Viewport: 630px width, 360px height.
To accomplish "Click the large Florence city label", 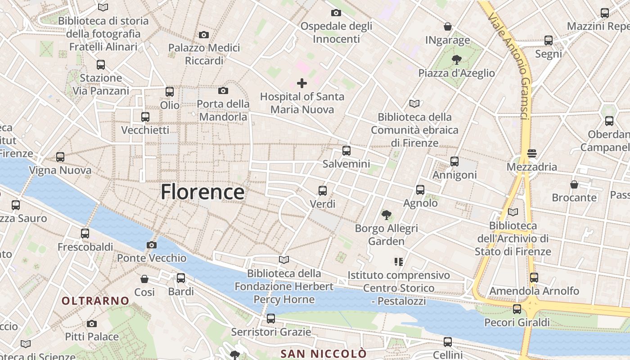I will [x=202, y=192].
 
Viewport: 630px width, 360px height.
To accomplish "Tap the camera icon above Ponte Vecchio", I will [x=152, y=245].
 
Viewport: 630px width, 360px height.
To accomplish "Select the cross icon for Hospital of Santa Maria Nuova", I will [x=302, y=83].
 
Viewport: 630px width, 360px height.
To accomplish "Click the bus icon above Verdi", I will [x=323, y=191].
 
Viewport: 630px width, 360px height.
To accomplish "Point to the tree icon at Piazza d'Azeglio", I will [x=456, y=60].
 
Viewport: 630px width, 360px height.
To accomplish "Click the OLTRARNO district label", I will [x=95, y=301].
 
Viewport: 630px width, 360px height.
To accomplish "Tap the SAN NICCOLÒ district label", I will [x=324, y=353].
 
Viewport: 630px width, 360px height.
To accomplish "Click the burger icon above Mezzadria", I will [x=532, y=153].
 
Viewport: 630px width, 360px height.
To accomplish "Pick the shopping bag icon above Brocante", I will [x=574, y=184].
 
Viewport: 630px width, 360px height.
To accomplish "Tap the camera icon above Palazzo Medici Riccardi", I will [x=204, y=35].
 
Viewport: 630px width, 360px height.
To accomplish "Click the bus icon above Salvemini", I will [x=346, y=151].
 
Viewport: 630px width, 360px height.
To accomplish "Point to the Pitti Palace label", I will [x=92, y=337].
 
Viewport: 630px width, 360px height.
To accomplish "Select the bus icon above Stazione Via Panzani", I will [x=101, y=65].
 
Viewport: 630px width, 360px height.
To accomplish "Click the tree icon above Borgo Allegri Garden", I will [x=386, y=215].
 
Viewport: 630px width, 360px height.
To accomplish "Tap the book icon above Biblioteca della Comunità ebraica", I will [x=414, y=104].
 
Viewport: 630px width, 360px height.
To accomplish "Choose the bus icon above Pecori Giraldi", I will [x=517, y=309].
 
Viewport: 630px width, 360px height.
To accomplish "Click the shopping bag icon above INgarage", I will [x=447, y=27].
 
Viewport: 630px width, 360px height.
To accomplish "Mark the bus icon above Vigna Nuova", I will [x=60, y=157].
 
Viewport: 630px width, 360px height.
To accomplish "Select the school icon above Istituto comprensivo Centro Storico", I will [x=398, y=261].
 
